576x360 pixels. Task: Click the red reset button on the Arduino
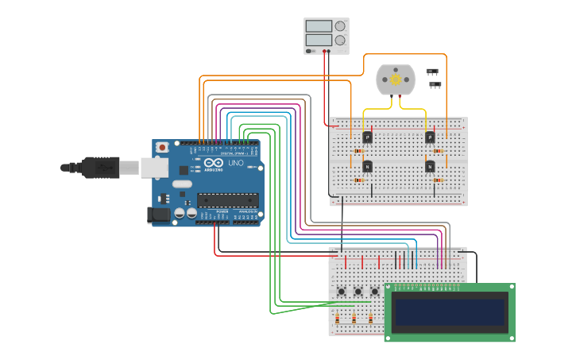pos(163,147)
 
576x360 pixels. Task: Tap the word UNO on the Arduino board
pos(236,164)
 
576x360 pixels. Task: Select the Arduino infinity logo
pos(211,163)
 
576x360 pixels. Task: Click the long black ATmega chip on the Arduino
pos(228,199)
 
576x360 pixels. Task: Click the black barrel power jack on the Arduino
pos(158,215)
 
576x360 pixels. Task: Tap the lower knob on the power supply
pos(340,40)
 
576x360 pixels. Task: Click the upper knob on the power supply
pos(340,26)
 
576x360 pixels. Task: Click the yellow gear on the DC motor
pos(396,79)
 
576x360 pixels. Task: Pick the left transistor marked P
pos(367,137)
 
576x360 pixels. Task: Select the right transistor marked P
pos(430,137)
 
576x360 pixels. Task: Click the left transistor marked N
pos(367,166)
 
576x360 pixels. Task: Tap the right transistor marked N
pos(430,166)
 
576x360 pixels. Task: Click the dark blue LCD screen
pos(450,312)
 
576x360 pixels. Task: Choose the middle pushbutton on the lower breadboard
pos(358,292)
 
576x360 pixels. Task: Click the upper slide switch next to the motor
pos(432,72)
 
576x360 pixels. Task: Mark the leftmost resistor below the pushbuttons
pos(337,319)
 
